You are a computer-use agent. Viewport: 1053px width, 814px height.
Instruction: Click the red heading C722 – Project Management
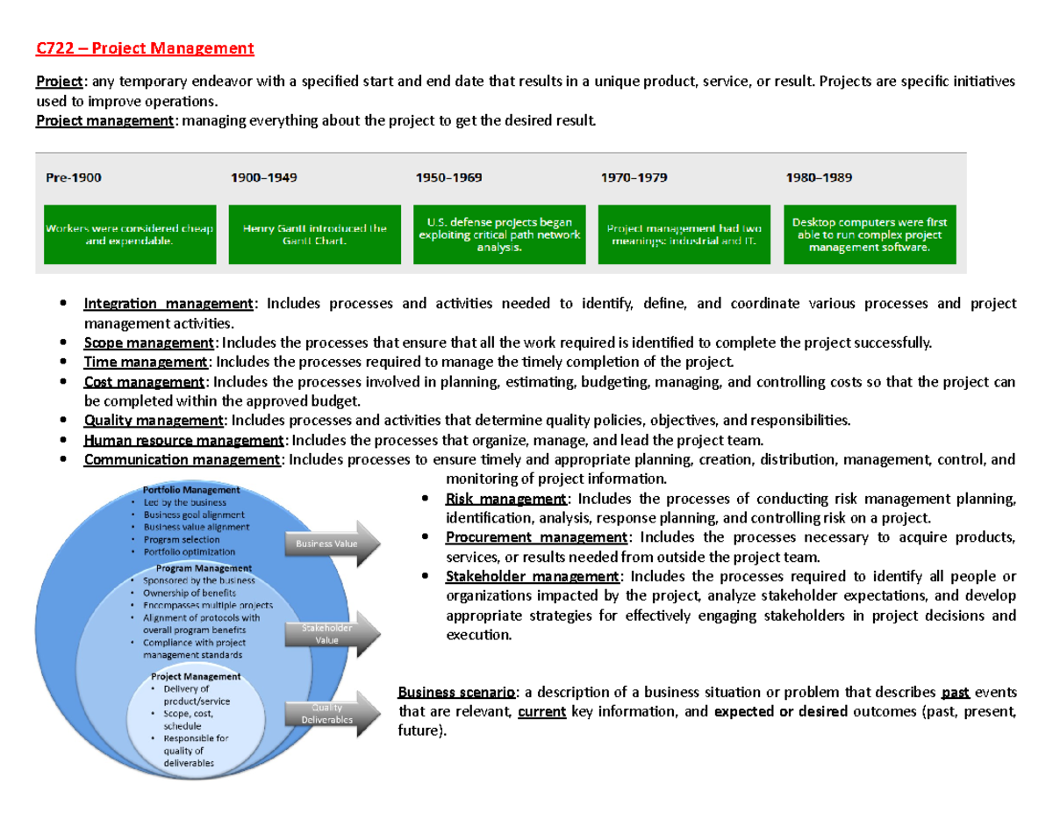144,48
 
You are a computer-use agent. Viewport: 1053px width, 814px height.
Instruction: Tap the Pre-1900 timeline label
73,177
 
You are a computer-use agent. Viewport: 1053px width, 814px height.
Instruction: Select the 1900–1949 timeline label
263,177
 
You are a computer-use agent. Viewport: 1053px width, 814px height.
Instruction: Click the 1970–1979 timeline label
633,177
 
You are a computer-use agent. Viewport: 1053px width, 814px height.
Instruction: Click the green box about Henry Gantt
314,234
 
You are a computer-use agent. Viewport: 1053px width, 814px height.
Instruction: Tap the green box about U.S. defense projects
498,234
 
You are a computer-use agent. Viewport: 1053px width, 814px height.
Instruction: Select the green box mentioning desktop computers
869,234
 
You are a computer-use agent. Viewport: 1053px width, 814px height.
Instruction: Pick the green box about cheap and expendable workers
130,234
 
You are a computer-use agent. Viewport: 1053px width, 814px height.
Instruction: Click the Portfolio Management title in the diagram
185,490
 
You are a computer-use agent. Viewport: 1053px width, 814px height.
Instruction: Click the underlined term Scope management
147,342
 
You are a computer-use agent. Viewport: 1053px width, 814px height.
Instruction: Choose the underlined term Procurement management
536,537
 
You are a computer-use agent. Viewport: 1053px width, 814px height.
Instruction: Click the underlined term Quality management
154,421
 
